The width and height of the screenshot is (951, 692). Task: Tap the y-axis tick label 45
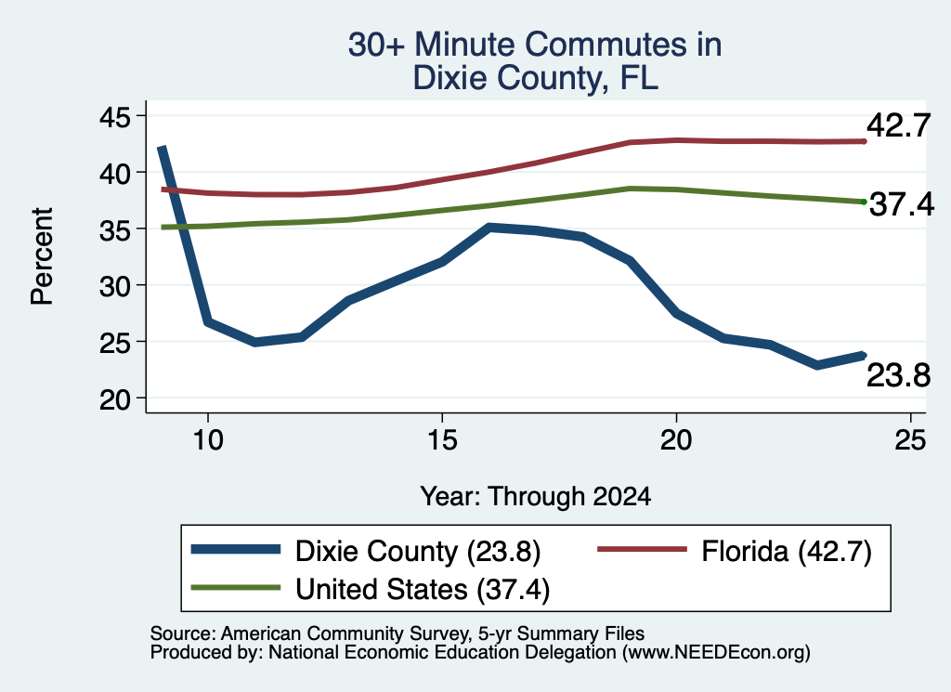[114, 116]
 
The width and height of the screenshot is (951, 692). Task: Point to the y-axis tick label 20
[114, 399]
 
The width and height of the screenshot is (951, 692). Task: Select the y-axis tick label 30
[114, 286]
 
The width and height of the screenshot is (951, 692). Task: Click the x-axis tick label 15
[442, 439]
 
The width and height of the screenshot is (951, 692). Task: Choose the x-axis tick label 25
[910, 439]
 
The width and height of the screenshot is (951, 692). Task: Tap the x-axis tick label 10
[208, 439]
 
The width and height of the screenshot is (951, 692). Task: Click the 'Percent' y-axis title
[42, 256]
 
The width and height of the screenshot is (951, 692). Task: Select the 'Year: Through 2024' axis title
[536, 496]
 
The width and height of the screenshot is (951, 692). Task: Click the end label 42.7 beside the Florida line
[898, 125]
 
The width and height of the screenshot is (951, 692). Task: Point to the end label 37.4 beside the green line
[902, 203]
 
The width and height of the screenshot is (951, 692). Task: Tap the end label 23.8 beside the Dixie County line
[898, 375]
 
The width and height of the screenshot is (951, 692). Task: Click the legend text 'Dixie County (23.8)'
[418, 552]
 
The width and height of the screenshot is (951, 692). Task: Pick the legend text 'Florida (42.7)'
[787, 552]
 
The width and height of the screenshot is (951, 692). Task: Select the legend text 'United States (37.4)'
[423, 590]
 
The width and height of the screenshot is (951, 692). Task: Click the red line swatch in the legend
[643, 550]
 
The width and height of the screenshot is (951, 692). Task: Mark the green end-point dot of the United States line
[864, 202]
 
